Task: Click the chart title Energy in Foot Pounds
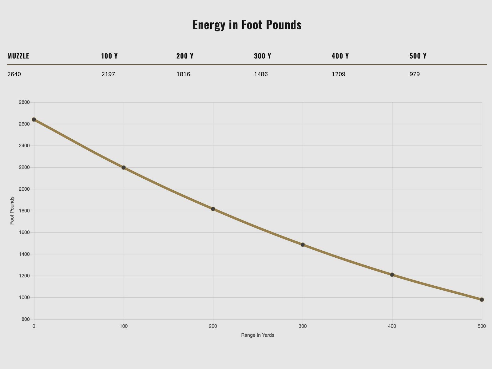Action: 247,25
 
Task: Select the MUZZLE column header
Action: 18,56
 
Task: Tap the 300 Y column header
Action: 262,56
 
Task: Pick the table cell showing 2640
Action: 14,74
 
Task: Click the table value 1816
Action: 183,74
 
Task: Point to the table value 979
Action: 415,74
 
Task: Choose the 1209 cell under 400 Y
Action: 338,74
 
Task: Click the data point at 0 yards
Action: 34,120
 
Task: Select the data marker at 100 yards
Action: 124,168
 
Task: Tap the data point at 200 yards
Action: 213,209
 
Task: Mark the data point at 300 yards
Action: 303,245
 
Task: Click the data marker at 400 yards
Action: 392,275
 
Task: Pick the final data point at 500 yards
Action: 482,300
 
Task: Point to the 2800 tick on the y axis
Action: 24,102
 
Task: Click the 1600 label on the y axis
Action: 24,232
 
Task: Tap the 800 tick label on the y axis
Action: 26,319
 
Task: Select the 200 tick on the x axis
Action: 213,326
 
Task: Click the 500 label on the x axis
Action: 482,326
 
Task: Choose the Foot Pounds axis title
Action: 12,211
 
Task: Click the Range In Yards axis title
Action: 258,335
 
